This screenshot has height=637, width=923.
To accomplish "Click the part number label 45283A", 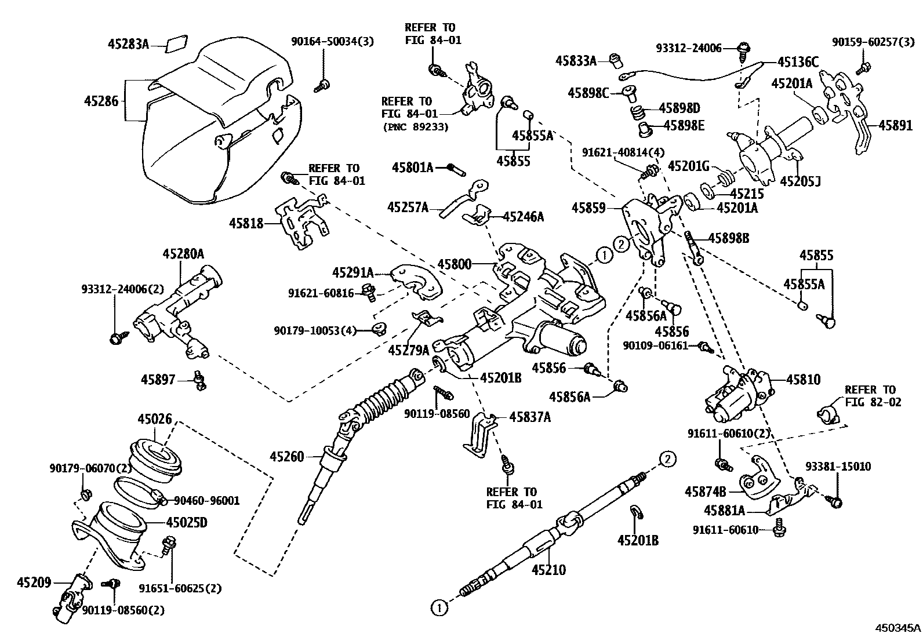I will tap(128, 43).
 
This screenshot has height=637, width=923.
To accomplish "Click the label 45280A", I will tap(183, 253).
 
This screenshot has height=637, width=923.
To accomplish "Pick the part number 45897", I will tap(158, 380).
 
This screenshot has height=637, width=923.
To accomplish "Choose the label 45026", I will tap(155, 418).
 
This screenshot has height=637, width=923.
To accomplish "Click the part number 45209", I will tap(34, 583).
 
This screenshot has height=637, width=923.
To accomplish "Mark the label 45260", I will tap(286, 456).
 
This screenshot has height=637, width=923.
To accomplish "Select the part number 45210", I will tap(548, 570).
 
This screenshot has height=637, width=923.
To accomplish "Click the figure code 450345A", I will tap(897, 628).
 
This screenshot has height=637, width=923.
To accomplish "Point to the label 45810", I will tap(803, 380).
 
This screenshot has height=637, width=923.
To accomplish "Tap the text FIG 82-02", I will tap(873, 402).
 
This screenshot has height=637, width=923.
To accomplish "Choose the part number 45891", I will tap(895, 125).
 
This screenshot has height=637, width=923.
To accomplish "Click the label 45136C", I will tap(798, 63).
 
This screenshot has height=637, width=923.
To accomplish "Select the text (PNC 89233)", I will tap(415, 127).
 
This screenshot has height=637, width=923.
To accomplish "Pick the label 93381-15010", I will tap(838, 467).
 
